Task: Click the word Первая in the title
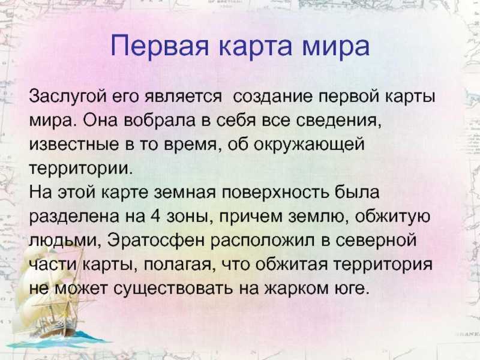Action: (x=160, y=46)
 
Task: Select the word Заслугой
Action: (x=68, y=97)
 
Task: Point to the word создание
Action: (x=274, y=97)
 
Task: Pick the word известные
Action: (x=74, y=145)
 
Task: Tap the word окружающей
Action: (x=310, y=145)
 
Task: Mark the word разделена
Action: (x=74, y=217)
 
